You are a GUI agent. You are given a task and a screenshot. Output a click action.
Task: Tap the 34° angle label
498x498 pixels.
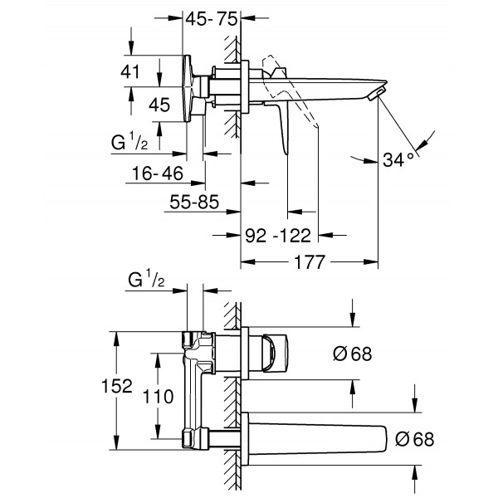(x=399, y=160)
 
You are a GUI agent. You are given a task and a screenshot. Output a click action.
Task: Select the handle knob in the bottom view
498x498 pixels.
(x=274, y=354)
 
